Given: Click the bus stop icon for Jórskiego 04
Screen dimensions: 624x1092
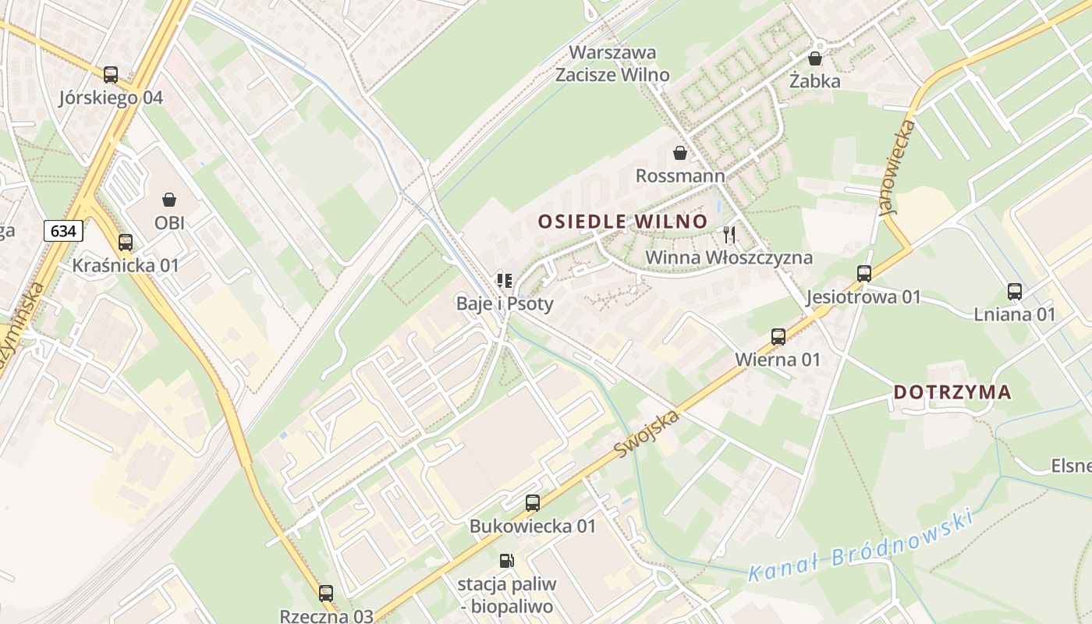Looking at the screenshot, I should [x=111, y=75].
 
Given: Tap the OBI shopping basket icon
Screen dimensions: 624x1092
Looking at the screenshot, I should [x=169, y=200].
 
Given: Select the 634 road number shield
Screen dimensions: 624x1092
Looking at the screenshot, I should [x=63, y=231].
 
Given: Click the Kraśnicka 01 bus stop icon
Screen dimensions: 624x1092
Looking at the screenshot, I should [x=126, y=243].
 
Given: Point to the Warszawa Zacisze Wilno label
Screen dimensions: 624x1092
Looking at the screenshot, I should [x=612, y=64].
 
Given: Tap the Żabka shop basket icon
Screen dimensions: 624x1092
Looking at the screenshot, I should [x=815, y=58].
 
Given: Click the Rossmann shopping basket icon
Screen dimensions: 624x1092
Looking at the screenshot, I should [x=680, y=153].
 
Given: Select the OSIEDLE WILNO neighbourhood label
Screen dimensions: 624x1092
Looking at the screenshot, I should [x=622, y=222].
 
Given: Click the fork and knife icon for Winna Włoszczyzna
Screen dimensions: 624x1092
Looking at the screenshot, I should [x=729, y=234].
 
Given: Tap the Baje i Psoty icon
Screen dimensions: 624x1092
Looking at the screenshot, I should [x=505, y=280].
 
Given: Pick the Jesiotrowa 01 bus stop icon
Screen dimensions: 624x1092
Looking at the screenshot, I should [x=864, y=274].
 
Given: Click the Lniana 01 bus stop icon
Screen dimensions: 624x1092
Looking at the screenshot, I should [x=1015, y=292].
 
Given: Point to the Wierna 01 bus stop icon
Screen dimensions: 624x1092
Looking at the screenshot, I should [x=778, y=337].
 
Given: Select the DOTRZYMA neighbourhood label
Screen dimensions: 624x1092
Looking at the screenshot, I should [x=952, y=392].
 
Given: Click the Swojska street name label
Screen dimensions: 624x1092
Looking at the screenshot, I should [x=647, y=434].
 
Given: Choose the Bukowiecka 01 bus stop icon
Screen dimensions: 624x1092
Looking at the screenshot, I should [x=533, y=503].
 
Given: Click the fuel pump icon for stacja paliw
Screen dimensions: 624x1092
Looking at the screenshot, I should [x=506, y=561].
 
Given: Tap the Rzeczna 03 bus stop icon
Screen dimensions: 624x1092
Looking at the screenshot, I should [x=326, y=594].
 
